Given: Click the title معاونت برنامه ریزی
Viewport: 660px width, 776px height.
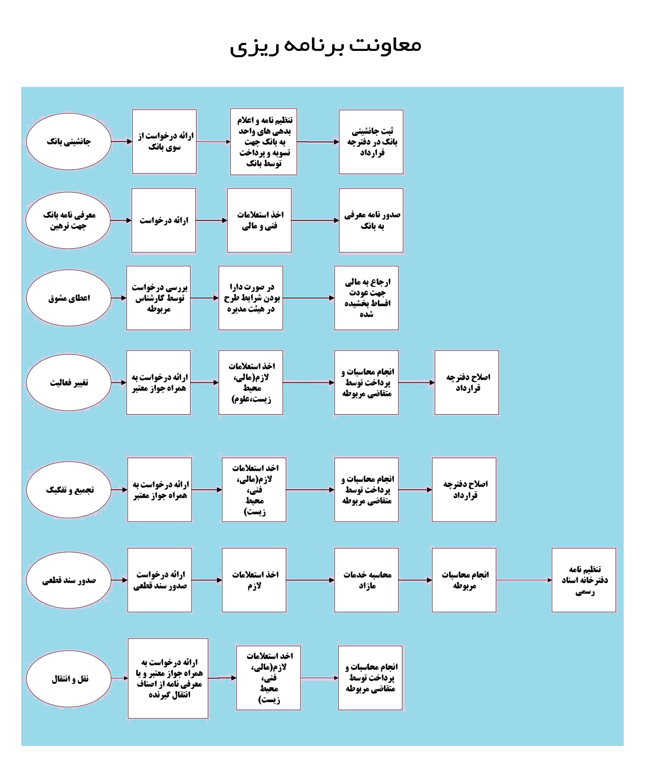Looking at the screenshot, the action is (x=325, y=46).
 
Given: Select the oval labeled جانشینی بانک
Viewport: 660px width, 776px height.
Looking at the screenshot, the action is (x=69, y=141).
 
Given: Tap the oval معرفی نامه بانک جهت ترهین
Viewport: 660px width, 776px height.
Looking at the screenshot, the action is (x=69, y=220).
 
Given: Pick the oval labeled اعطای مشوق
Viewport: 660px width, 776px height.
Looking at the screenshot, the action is (x=69, y=298).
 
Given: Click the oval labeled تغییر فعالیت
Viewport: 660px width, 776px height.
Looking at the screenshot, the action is (x=69, y=383).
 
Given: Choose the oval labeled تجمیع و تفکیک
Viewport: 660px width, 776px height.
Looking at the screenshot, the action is (x=69, y=490).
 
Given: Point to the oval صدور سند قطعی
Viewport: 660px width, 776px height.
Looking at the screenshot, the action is (x=69, y=580).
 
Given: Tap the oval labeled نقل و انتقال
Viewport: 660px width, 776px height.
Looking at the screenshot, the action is (x=69, y=679).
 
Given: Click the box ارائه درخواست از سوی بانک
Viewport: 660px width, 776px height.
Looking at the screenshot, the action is (x=165, y=141).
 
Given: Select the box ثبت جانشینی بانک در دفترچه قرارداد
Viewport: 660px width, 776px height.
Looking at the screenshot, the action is (x=371, y=142).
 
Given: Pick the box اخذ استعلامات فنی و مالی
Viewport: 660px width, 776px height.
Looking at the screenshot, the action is (x=259, y=220).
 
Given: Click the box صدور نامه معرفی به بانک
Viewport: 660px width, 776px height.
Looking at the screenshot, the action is (x=371, y=220).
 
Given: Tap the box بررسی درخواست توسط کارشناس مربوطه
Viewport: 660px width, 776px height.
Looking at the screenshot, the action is (x=159, y=298).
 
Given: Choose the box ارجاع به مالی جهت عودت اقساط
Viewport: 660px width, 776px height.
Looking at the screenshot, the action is (x=367, y=298).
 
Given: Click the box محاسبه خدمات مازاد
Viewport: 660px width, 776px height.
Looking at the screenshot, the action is (x=367, y=580).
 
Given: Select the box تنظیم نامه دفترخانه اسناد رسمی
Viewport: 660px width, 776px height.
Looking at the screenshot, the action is (x=584, y=580).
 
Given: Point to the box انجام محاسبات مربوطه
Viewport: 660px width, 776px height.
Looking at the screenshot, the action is (x=464, y=580).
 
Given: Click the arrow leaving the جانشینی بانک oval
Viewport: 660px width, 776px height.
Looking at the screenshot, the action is (x=122, y=141).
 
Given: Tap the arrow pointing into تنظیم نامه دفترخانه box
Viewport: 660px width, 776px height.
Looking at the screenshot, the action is (x=524, y=580).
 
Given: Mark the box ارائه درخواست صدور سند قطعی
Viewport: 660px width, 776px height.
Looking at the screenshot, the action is (x=160, y=580).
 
